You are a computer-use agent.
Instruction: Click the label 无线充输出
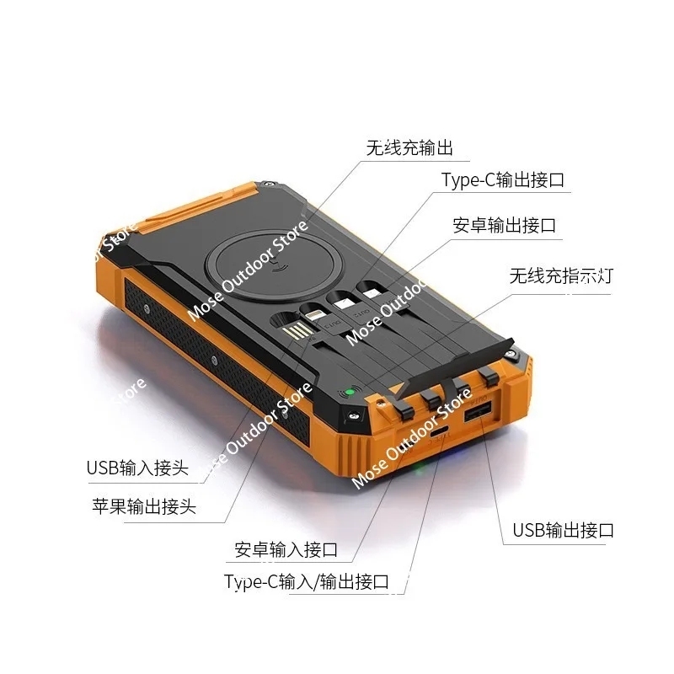(409, 148)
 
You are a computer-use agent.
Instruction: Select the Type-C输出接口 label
(502, 179)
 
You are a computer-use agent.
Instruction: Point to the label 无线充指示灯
(560, 275)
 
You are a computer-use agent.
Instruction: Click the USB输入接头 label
(137, 468)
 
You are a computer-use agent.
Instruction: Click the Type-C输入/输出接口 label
(306, 581)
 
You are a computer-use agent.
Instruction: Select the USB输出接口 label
(563, 530)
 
